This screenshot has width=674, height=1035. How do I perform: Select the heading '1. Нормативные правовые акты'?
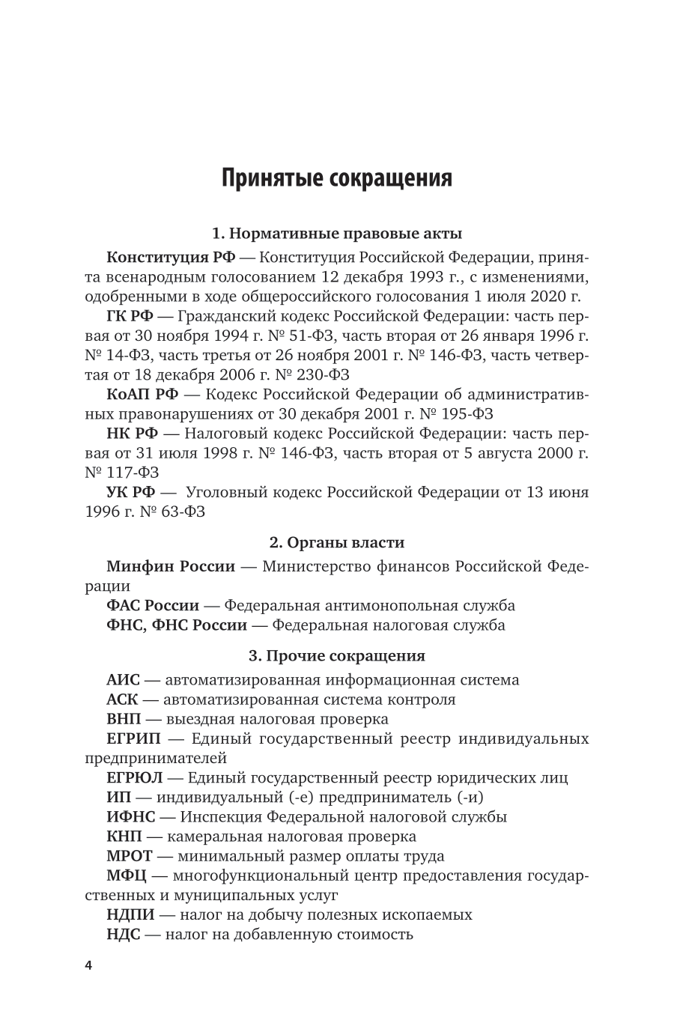[337, 233]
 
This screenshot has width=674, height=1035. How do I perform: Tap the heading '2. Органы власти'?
[337, 542]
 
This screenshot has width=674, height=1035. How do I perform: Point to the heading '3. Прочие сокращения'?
[337, 656]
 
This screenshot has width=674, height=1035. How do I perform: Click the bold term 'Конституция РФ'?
[171, 258]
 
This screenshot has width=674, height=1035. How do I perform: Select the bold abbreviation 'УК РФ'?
[131, 493]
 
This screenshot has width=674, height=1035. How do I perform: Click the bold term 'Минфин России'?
[171, 566]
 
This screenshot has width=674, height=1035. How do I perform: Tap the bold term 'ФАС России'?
[153, 605]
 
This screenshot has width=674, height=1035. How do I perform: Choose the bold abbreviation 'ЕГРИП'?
[134, 739]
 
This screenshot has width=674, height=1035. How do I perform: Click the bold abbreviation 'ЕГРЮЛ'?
[135, 778]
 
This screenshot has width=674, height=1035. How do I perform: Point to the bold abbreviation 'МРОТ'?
[130, 856]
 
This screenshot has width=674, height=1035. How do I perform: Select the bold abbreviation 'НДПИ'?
[131, 914]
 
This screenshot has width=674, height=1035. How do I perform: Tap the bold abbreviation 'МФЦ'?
[127, 875]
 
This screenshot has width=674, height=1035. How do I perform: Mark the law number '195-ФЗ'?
[470, 414]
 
